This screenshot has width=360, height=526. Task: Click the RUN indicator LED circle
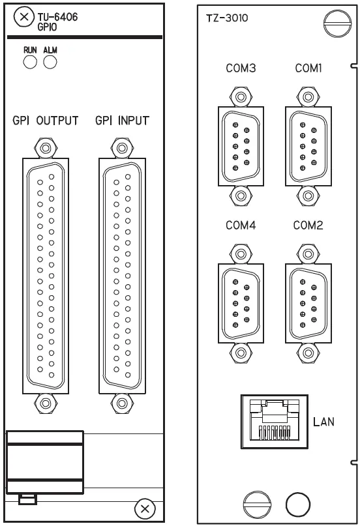tap(30, 62)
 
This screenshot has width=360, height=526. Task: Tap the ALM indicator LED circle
tap(50, 62)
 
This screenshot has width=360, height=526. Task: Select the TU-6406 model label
tap(57, 17)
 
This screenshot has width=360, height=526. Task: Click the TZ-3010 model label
tap(227, 18)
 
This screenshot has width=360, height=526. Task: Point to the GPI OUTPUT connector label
tap(45, 121)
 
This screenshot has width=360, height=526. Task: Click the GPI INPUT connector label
tap(122, 121)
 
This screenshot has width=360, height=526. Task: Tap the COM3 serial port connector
tap(241, 146)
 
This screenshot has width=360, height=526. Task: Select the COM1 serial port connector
tap(308, 146)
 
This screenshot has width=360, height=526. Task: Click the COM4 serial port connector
tap(241, 303)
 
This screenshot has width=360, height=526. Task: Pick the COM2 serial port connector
tap(308, 303)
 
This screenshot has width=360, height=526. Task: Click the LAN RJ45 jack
tap(275, 421)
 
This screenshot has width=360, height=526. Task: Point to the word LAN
tap(323, 422)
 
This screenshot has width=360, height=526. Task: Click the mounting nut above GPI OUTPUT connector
tap(46, 147)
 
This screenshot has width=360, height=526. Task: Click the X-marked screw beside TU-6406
tap(24, 17)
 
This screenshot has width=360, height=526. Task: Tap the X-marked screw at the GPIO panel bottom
tap(145, 509)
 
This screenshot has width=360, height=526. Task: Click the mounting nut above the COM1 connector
tap(308, 97)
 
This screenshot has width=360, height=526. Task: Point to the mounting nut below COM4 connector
tap(241, 353)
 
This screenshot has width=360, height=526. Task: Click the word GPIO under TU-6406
tap(48, 27)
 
